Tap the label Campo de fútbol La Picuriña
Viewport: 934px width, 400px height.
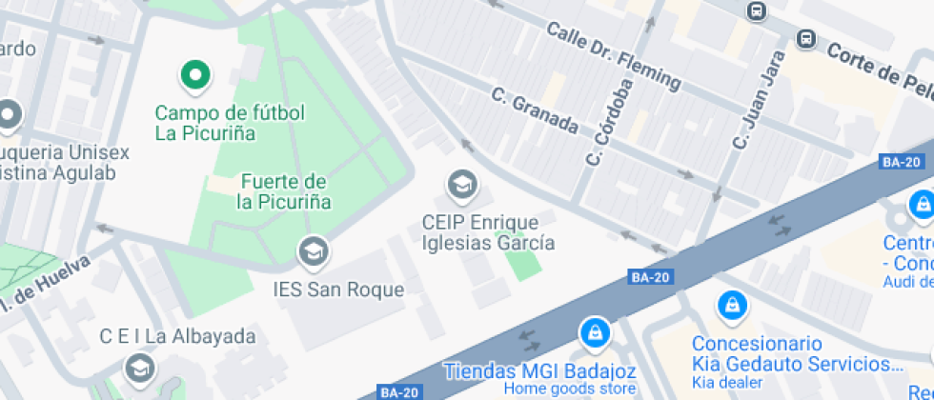(x=231, y=123)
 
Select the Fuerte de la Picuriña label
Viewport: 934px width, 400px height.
(x=284, y=191)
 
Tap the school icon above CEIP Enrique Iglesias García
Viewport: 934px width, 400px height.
(x=462, y=185)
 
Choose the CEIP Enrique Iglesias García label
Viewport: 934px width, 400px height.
(x=488, y=232)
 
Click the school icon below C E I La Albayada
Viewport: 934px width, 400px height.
(x=140, y=367)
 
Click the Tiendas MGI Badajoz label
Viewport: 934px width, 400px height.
(x=540, y=370)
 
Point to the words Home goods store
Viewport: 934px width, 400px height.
(x=570, y=389)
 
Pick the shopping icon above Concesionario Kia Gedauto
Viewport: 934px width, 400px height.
(x=731, y=305)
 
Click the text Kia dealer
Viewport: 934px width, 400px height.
(x=727, y=382)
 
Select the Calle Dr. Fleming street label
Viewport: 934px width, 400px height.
(x=614, y=56)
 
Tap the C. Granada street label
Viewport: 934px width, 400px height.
(x=535, y=110)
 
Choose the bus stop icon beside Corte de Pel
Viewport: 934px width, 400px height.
(x=806, y=39)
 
